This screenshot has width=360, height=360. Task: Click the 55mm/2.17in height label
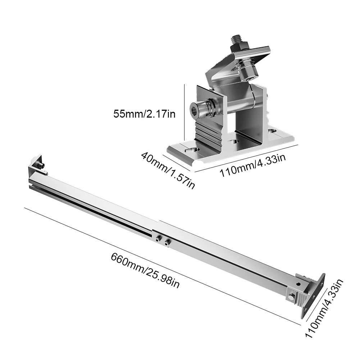(x=145, y=114)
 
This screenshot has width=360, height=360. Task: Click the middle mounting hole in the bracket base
(x=236, y=141)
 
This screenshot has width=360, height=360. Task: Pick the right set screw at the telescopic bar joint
(x=166, y=242)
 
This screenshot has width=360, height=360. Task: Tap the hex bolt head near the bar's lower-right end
(x=291, y=297)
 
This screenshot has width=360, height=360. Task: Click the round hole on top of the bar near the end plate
(x=298, y=284)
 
